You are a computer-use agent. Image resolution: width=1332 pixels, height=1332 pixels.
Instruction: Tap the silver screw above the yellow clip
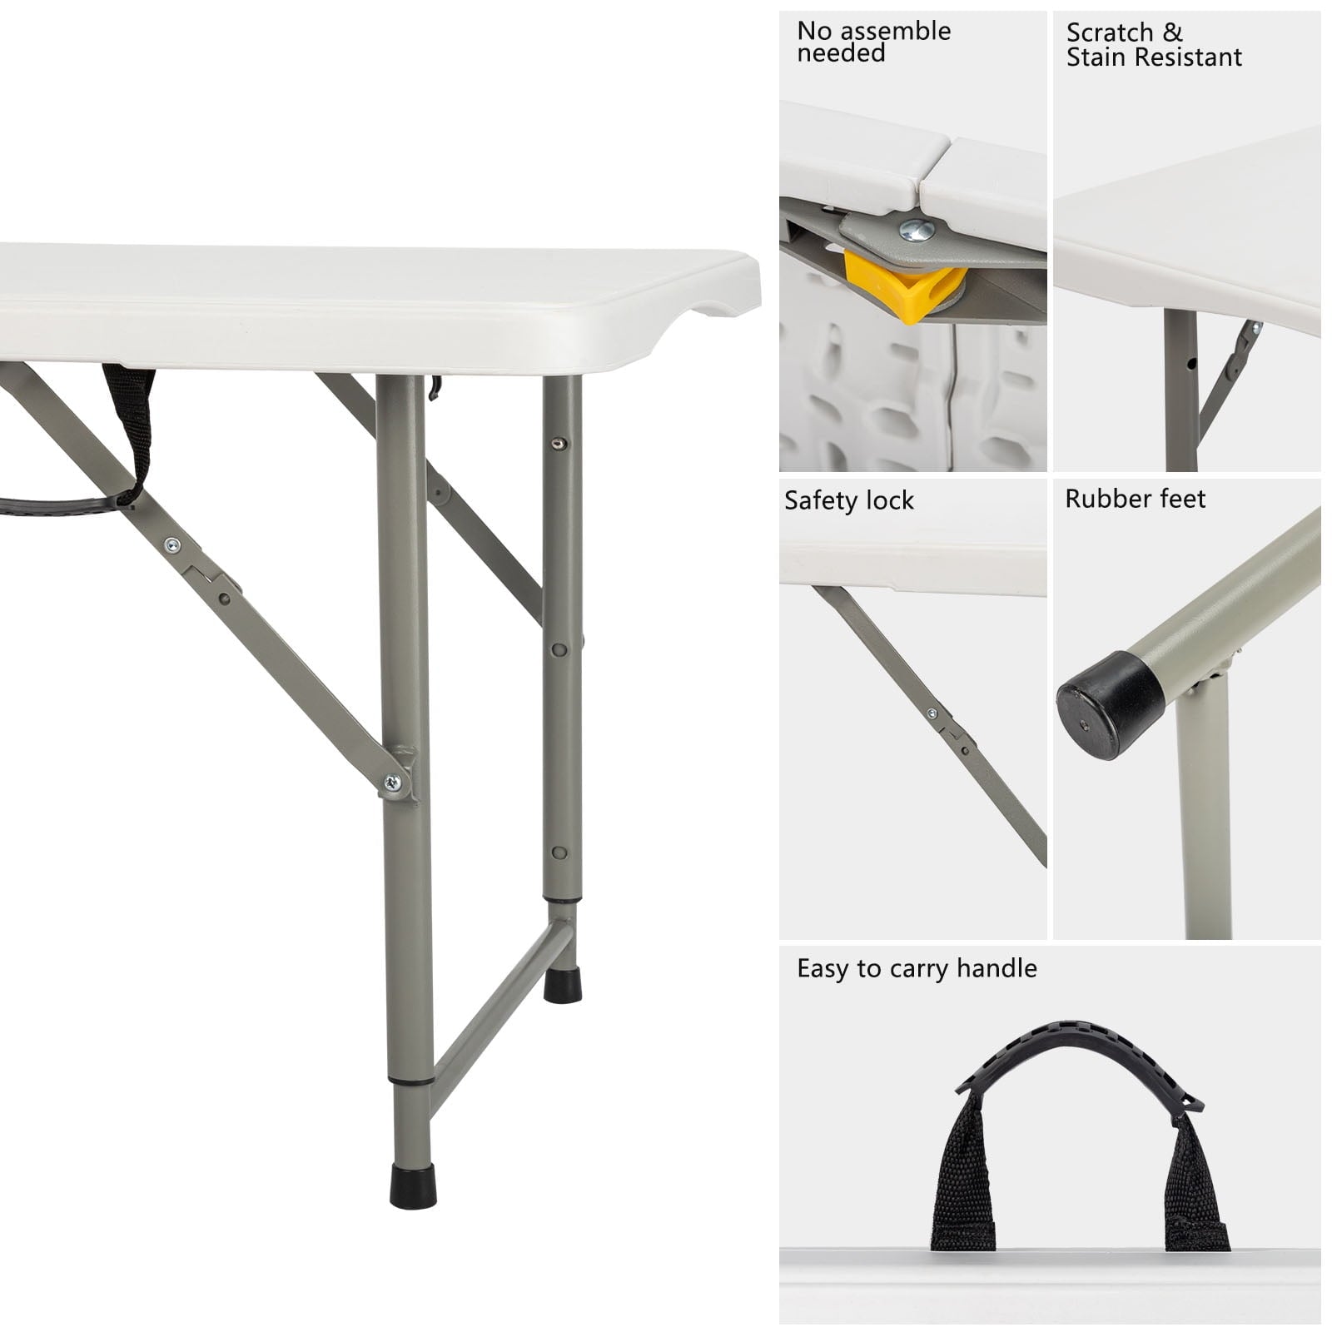pyautogui.click(x=917, y=230)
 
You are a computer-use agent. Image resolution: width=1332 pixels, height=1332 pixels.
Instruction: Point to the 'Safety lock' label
pyautogui.click(x=848, y=500)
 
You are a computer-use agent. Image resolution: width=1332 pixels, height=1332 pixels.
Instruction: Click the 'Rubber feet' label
pyautogui.click(x=1135, y=499)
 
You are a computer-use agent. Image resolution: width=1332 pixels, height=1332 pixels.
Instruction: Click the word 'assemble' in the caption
pyautogui.click(x=897, y=31)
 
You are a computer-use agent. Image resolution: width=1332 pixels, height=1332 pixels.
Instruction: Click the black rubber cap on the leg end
pyautogui.click(x=1110, y=704)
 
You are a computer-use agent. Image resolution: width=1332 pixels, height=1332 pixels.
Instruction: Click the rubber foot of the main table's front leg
pyautogui.click(x=413, y=1185)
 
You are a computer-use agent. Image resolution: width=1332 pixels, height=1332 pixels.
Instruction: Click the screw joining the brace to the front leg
pyautogui.click(x=392, y=782)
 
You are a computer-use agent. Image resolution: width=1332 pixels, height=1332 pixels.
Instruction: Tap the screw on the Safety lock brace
pyautogui.click(x=931, y=713)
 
